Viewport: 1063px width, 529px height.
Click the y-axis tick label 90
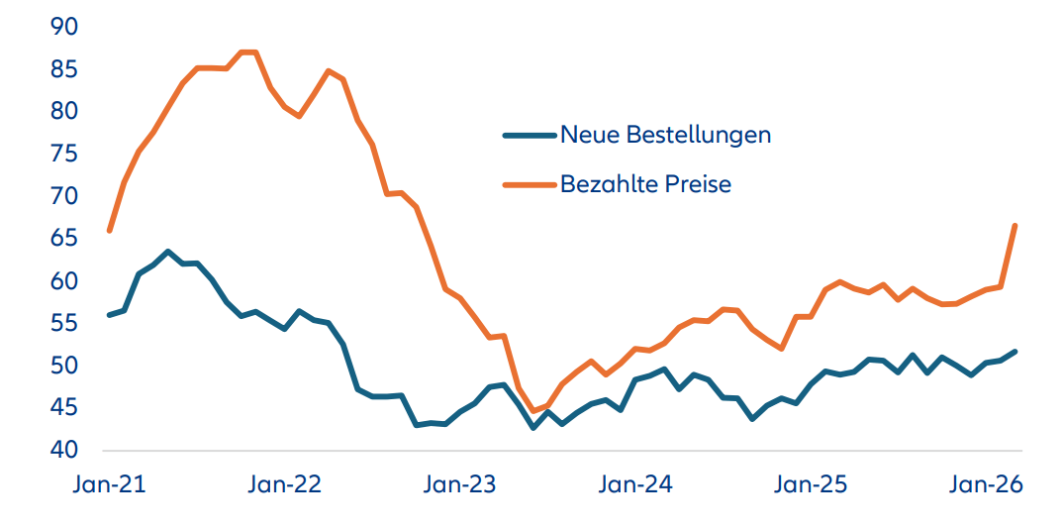tap(63, 27)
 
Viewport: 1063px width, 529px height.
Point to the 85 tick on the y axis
tap(63, 69)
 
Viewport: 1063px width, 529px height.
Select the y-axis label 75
tap(63, 154)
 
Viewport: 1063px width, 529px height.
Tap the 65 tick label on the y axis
tap(63, 239)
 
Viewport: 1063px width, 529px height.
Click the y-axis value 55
tap(63, 323)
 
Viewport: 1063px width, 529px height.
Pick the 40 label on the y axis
tap(63, 450)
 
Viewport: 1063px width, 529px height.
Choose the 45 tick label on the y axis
tap(63, 408)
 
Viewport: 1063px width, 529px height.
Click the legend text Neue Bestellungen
tap(665, 134)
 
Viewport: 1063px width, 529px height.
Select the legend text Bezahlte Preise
tap(645, 183)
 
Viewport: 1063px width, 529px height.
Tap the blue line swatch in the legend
tap(529, 135)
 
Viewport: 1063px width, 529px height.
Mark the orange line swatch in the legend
tap(529, 184)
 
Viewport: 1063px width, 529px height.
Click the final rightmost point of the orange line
tap(1015, 226)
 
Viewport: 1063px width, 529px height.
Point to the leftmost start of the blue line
tap(109, 315)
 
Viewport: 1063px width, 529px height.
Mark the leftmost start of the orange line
tap(109, 231)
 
